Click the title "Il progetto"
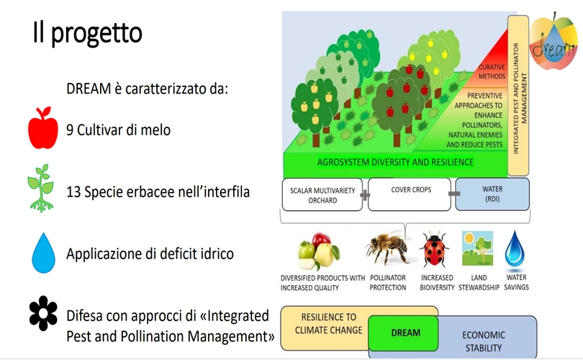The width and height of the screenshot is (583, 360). click(x=88, y=32)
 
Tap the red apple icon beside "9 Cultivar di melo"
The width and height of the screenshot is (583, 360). click(x=43, y=128)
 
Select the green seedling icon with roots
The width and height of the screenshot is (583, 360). click(x=41, y=188)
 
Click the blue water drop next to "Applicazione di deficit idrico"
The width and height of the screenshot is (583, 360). click(x=43, y=253)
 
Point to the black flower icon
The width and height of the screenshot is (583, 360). click(x=43, y=313)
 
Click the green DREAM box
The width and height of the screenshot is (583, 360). click(x=403, y=333)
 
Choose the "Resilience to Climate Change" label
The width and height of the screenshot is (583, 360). click(x=328, y=323)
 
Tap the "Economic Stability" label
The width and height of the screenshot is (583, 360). click(x=484, y=341)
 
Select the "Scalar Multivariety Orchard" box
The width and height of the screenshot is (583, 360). click(x=322, y=195)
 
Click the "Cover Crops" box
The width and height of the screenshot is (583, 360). click(x=410, y=194)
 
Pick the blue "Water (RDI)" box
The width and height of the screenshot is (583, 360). click(x=492, y=194)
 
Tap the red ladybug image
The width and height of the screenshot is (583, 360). click(x=434, y=249)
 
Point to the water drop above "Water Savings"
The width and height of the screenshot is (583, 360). click(x=515, y=249)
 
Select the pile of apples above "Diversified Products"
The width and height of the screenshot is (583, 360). click(x=319, y=251)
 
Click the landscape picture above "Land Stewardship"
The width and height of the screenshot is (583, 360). click(x=477, y=248)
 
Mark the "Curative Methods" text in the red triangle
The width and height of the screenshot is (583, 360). click(x=492, y=72)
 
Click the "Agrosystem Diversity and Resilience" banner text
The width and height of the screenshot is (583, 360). click(x=395, y=162)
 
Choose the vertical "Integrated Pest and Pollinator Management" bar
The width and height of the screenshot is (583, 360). click(x=518, y=95)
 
